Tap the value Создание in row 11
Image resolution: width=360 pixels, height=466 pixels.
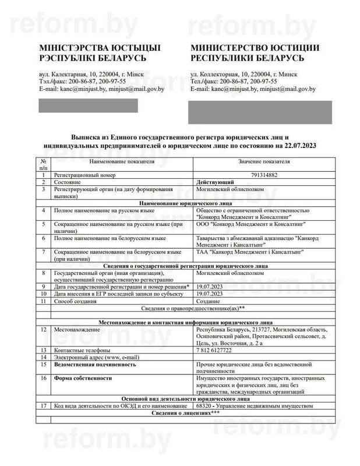click(x=210, y=302)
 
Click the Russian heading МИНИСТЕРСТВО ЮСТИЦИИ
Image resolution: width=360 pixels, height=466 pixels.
click(x=255, y=48)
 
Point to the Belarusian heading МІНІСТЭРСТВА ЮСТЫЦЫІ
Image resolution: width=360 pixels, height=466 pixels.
click(x=100, y=48)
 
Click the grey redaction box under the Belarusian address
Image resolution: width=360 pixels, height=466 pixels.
click(x=88, y=105)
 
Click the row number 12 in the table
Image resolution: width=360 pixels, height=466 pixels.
click(x=43, y=330)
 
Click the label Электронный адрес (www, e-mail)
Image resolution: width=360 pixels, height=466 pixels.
click(x=87, y=356)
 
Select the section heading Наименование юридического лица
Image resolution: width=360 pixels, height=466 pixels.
click(x=181, y=203)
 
